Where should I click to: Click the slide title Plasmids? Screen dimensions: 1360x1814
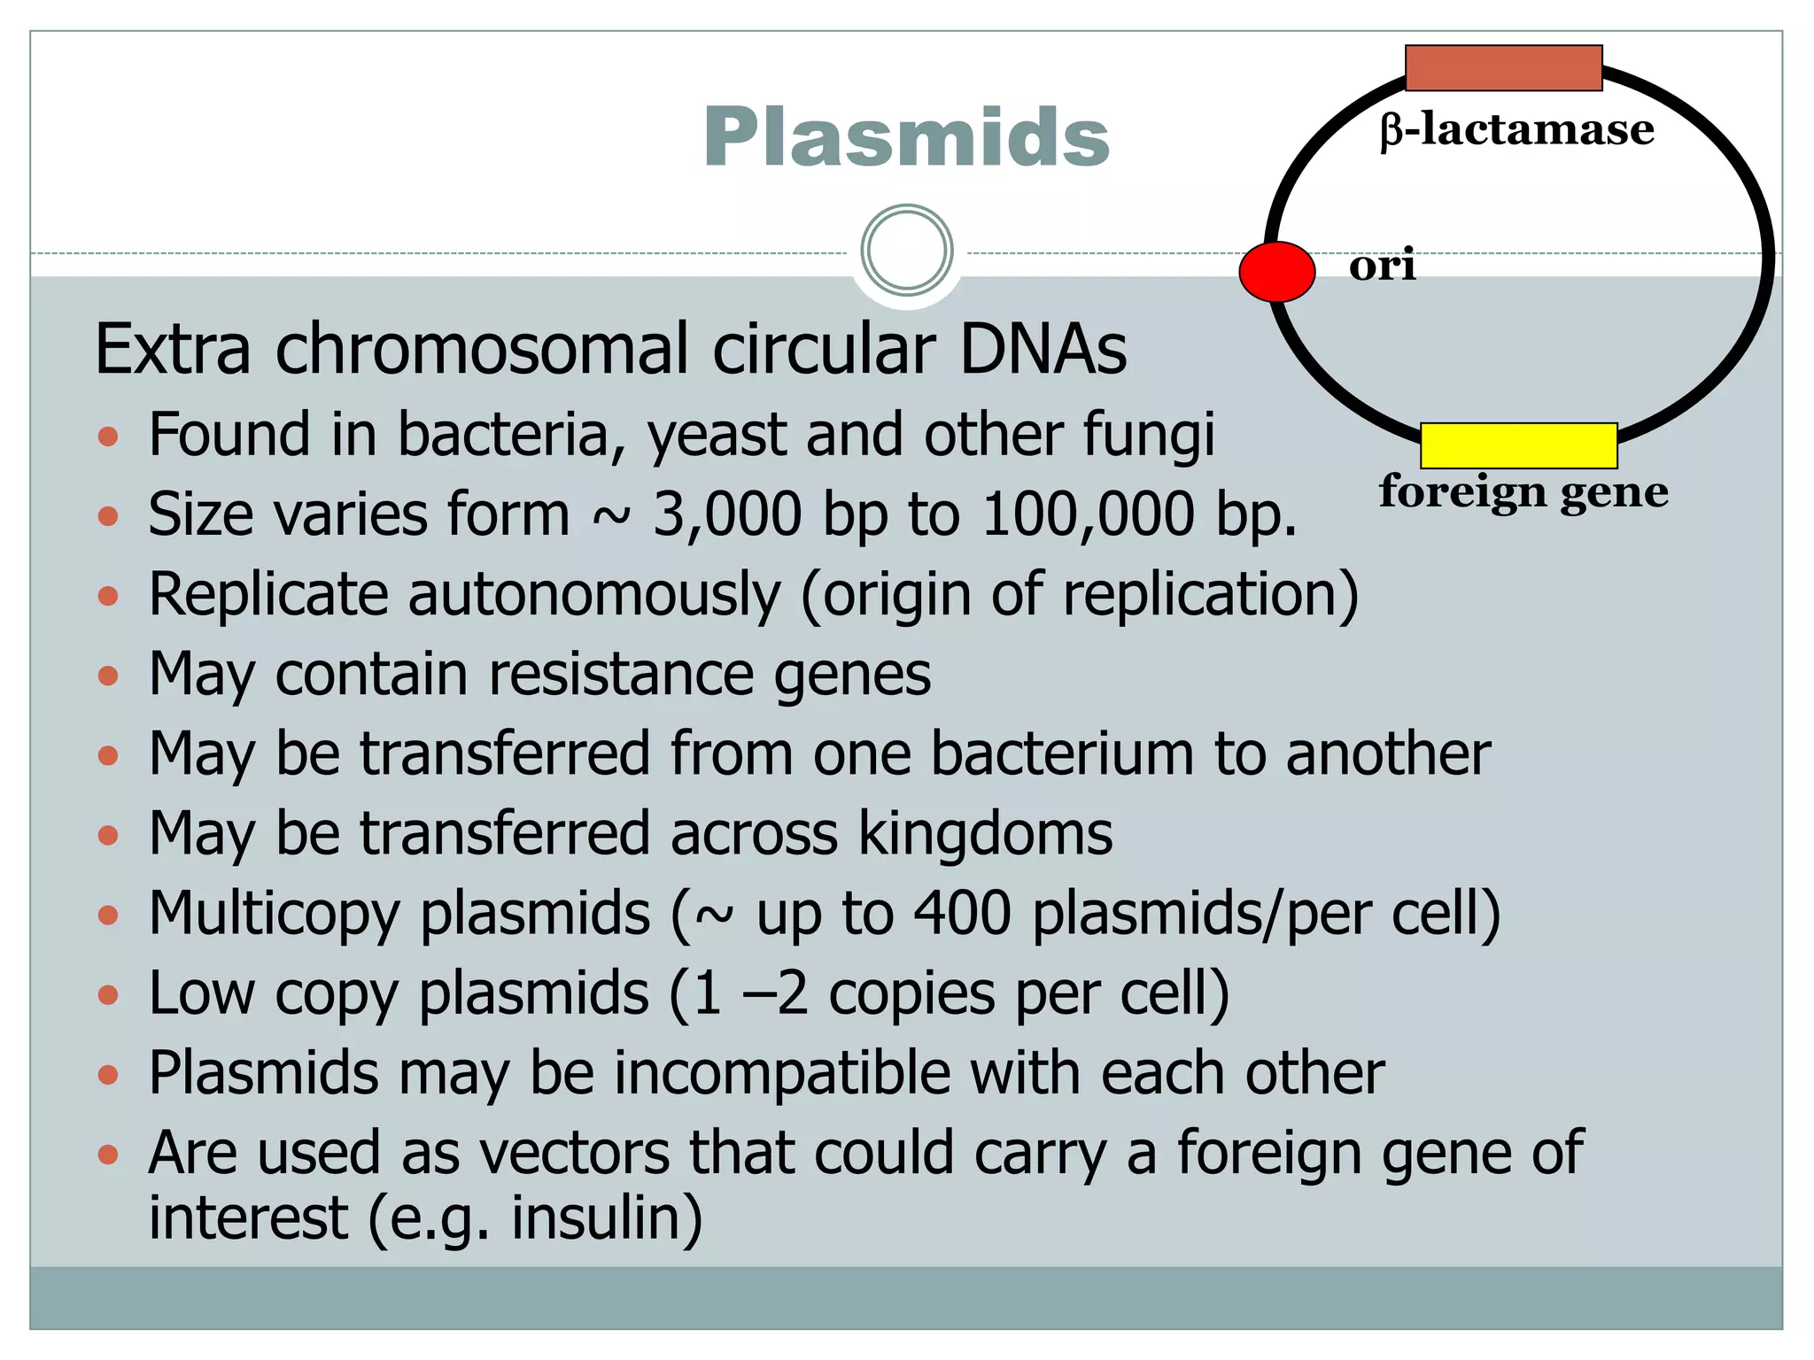pos(905,137)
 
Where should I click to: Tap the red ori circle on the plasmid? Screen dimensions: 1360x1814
pos(1276,272)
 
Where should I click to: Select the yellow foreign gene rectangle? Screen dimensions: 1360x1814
pos(1518,445)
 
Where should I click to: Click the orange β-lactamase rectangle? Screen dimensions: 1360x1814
pos(1503,68)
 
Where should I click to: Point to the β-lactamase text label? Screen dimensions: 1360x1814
pos(1516,130)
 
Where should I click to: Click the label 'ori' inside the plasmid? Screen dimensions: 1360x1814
pos(1382,265)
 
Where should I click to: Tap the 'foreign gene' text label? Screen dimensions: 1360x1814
pos(1523,491)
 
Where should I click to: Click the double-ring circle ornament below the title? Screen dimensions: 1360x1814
pos(906,251)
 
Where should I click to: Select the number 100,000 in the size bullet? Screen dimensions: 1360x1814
pos(1089,514)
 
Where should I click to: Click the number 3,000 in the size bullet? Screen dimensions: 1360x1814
pos(727,514)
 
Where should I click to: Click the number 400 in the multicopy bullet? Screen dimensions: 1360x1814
pos(962,913)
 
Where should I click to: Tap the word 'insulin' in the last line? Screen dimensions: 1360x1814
pos(607,1217)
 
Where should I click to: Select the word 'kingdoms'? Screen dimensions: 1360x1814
pos(985,834)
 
